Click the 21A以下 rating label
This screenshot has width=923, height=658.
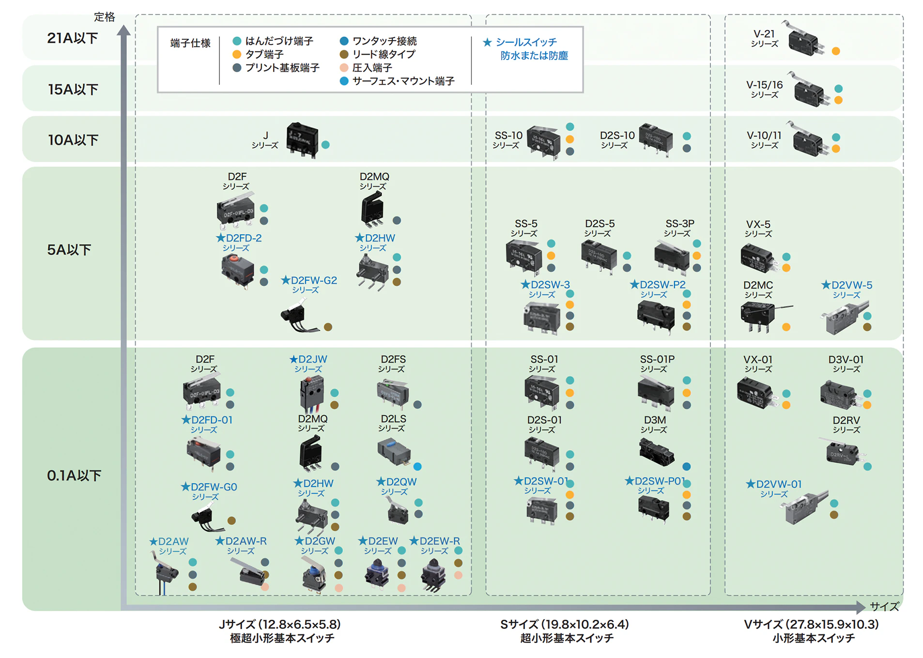coord(73,38)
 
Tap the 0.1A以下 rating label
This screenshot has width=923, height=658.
coord(74,475)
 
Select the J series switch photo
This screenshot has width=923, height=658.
coord(302,139)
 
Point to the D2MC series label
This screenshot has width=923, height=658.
coord(758,290)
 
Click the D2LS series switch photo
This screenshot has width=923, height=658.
coord(394,451)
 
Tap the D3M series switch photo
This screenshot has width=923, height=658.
coord(656,452)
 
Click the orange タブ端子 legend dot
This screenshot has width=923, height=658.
coord(237,54)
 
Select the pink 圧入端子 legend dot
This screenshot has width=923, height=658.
coord(344,68)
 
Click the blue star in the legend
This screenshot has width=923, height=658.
coord(487,43)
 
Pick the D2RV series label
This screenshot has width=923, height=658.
coord(846,424)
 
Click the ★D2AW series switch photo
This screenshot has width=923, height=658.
coord(166,571)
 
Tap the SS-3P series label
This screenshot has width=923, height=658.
coord(679,228)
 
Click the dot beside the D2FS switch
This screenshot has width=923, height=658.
coord(417,405)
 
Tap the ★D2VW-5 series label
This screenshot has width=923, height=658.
coord(846,289)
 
